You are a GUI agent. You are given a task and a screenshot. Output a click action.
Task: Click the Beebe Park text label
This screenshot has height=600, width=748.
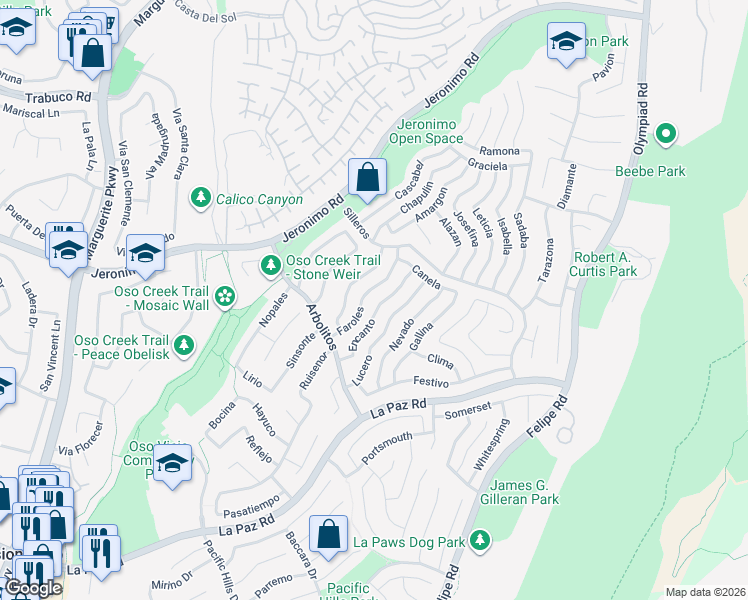click(x=650, y=171)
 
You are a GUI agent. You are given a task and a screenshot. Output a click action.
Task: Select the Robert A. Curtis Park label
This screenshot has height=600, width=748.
click(x=604, y=264)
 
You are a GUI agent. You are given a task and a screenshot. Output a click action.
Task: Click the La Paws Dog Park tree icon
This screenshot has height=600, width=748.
click(x=481, y=541)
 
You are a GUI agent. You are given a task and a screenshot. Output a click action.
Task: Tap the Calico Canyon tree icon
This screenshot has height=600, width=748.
click(x=202, y=198)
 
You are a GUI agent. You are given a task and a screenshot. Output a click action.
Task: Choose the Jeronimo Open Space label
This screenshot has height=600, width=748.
click(x=426, y=131)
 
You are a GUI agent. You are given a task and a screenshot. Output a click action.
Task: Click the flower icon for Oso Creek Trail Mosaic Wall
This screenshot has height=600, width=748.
click(x=225, y=295)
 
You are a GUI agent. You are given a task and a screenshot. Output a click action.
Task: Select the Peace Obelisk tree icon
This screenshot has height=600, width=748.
click(x=184, y=345)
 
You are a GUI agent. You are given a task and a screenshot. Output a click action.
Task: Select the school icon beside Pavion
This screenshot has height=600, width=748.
click(x=566, y=41)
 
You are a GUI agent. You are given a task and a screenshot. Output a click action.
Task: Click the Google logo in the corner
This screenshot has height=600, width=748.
click(x=32, y=588)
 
